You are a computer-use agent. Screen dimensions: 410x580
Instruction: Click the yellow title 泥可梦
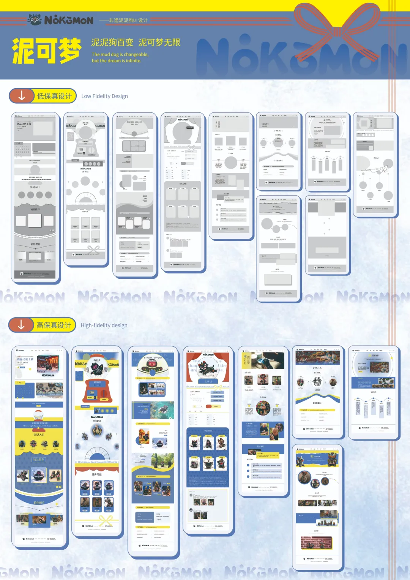pyautogui.click(x=46, y=51)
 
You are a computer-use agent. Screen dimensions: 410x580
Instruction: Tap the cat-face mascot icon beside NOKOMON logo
pyautogui.click(x=35, y=19)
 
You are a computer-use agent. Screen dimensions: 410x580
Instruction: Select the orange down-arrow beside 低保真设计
pyautogui.click(x=22, y=96)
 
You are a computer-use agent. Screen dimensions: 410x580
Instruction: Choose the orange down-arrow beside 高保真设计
pyautogui.click(x=21, y=325)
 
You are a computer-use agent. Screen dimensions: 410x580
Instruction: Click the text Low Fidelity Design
pyautogui.click(x=104, y=96)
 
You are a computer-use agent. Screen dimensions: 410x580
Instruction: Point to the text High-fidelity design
pyautogui.click(x=104, y=325)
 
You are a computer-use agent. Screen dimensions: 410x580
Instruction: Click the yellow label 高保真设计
pyautogui.click(x=54, y=325)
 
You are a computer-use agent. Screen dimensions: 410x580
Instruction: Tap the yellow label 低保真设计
pyautogui.click(x=54, y=96)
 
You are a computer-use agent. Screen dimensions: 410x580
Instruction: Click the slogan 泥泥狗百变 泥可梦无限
pyautogui.click(x=136, y=42)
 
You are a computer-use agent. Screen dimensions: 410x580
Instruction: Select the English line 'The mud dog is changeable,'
pyautogui.click(x=120, y=54)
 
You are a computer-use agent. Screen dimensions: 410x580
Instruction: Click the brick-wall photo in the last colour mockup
pyautogui.click(x=316, y=543)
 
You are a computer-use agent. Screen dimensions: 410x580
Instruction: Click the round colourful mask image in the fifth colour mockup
pyautogui.click(x=263, y=408)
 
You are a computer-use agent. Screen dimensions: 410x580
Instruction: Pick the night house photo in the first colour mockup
pyautogui.click(x=48, y=363)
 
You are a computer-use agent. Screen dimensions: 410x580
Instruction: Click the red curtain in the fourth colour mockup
pyautogui.click(x=191, y=367)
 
